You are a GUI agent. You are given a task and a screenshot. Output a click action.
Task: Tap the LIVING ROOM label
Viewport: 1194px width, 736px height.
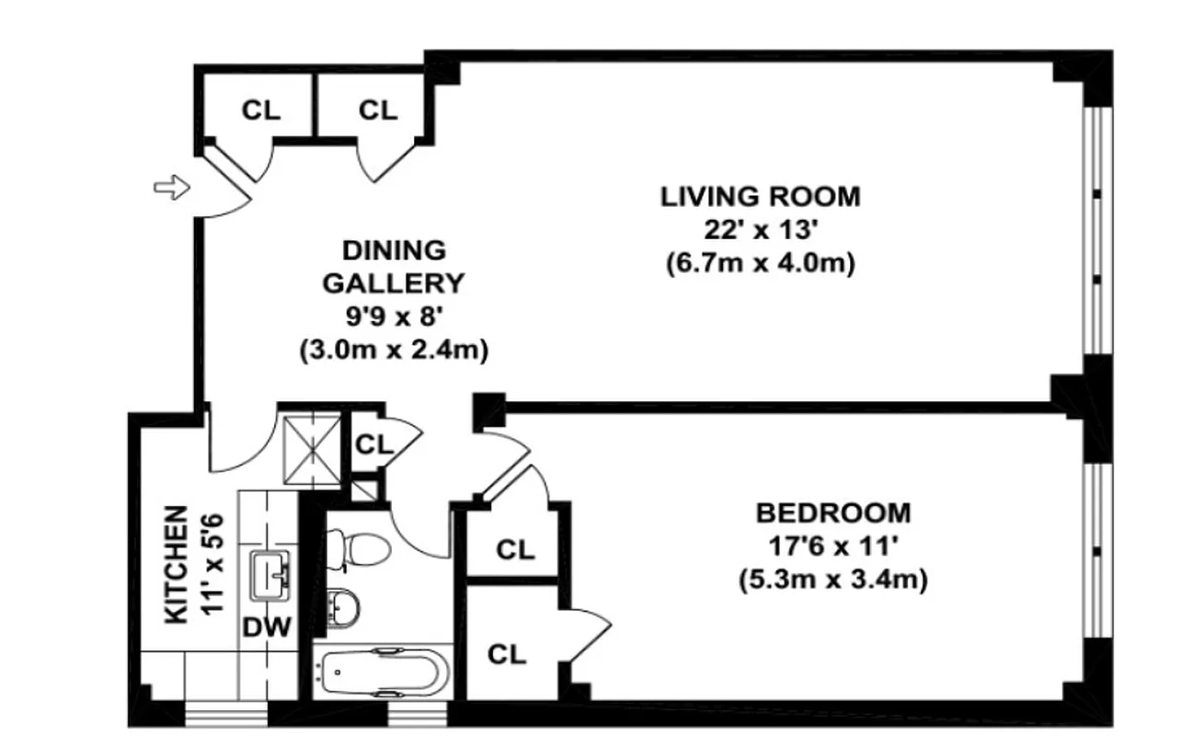pos(761,196)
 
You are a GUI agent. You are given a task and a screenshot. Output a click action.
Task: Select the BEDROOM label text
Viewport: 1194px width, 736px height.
pos(833,512)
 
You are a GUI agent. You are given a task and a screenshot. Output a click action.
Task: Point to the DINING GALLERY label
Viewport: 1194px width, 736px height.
pos(394,266)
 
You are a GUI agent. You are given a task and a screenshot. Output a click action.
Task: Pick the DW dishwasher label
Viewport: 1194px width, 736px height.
pos(267,627)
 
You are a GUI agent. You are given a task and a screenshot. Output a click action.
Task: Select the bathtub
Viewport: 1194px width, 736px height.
pos(382,674)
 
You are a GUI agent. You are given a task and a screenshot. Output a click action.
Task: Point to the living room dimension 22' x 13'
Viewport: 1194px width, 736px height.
pos(760,230)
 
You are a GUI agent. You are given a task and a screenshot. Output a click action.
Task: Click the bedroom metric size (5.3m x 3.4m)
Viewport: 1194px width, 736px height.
pos(832,580)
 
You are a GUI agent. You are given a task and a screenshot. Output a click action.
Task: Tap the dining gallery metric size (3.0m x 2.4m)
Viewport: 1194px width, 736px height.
pos(394,351)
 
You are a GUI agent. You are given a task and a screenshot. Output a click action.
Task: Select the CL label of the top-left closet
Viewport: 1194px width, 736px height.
pos(261,110)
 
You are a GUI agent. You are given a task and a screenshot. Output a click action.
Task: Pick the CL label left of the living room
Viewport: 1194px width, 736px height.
pos(377,110)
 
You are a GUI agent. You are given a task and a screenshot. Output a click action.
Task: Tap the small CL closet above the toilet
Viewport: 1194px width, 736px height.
pos(374,443)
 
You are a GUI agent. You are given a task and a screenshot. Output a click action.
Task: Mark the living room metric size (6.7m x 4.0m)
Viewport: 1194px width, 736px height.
pos(760,264)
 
